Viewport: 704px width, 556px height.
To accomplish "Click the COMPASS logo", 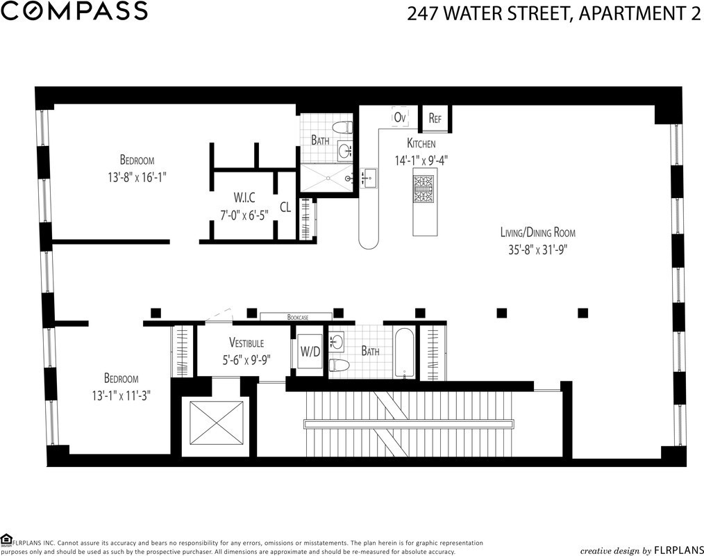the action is (x=74, y=11).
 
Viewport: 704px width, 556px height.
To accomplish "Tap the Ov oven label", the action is (x=400, y=117).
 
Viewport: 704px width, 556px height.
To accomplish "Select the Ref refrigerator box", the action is (x=435, y=118).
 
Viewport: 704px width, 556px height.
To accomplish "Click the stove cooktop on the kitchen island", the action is (x=424, y=189).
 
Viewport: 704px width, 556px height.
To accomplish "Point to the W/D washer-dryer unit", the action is (x=310, y=352).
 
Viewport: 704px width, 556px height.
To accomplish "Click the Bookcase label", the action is (x=298, y=318).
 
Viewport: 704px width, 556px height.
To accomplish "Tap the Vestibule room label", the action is (x=246, y=343).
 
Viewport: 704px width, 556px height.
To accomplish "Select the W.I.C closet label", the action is (x=244, y=197).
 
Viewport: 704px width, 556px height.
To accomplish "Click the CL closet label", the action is (x=285, y=207).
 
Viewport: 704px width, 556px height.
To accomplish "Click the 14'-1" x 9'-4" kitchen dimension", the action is (x=421, y=161).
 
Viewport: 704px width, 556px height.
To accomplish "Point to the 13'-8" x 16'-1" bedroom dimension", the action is (x=137, y=177).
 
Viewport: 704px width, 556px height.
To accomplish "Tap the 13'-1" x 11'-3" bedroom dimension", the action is (x=121, y=395).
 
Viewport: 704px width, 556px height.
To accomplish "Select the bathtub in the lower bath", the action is (x=405, y=353).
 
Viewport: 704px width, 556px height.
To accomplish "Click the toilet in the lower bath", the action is (x=337, y=364).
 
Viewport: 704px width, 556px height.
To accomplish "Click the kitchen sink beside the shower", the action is (x=369, y=179).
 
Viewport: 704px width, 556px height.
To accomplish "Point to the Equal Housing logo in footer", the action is (x=6, y=539).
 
